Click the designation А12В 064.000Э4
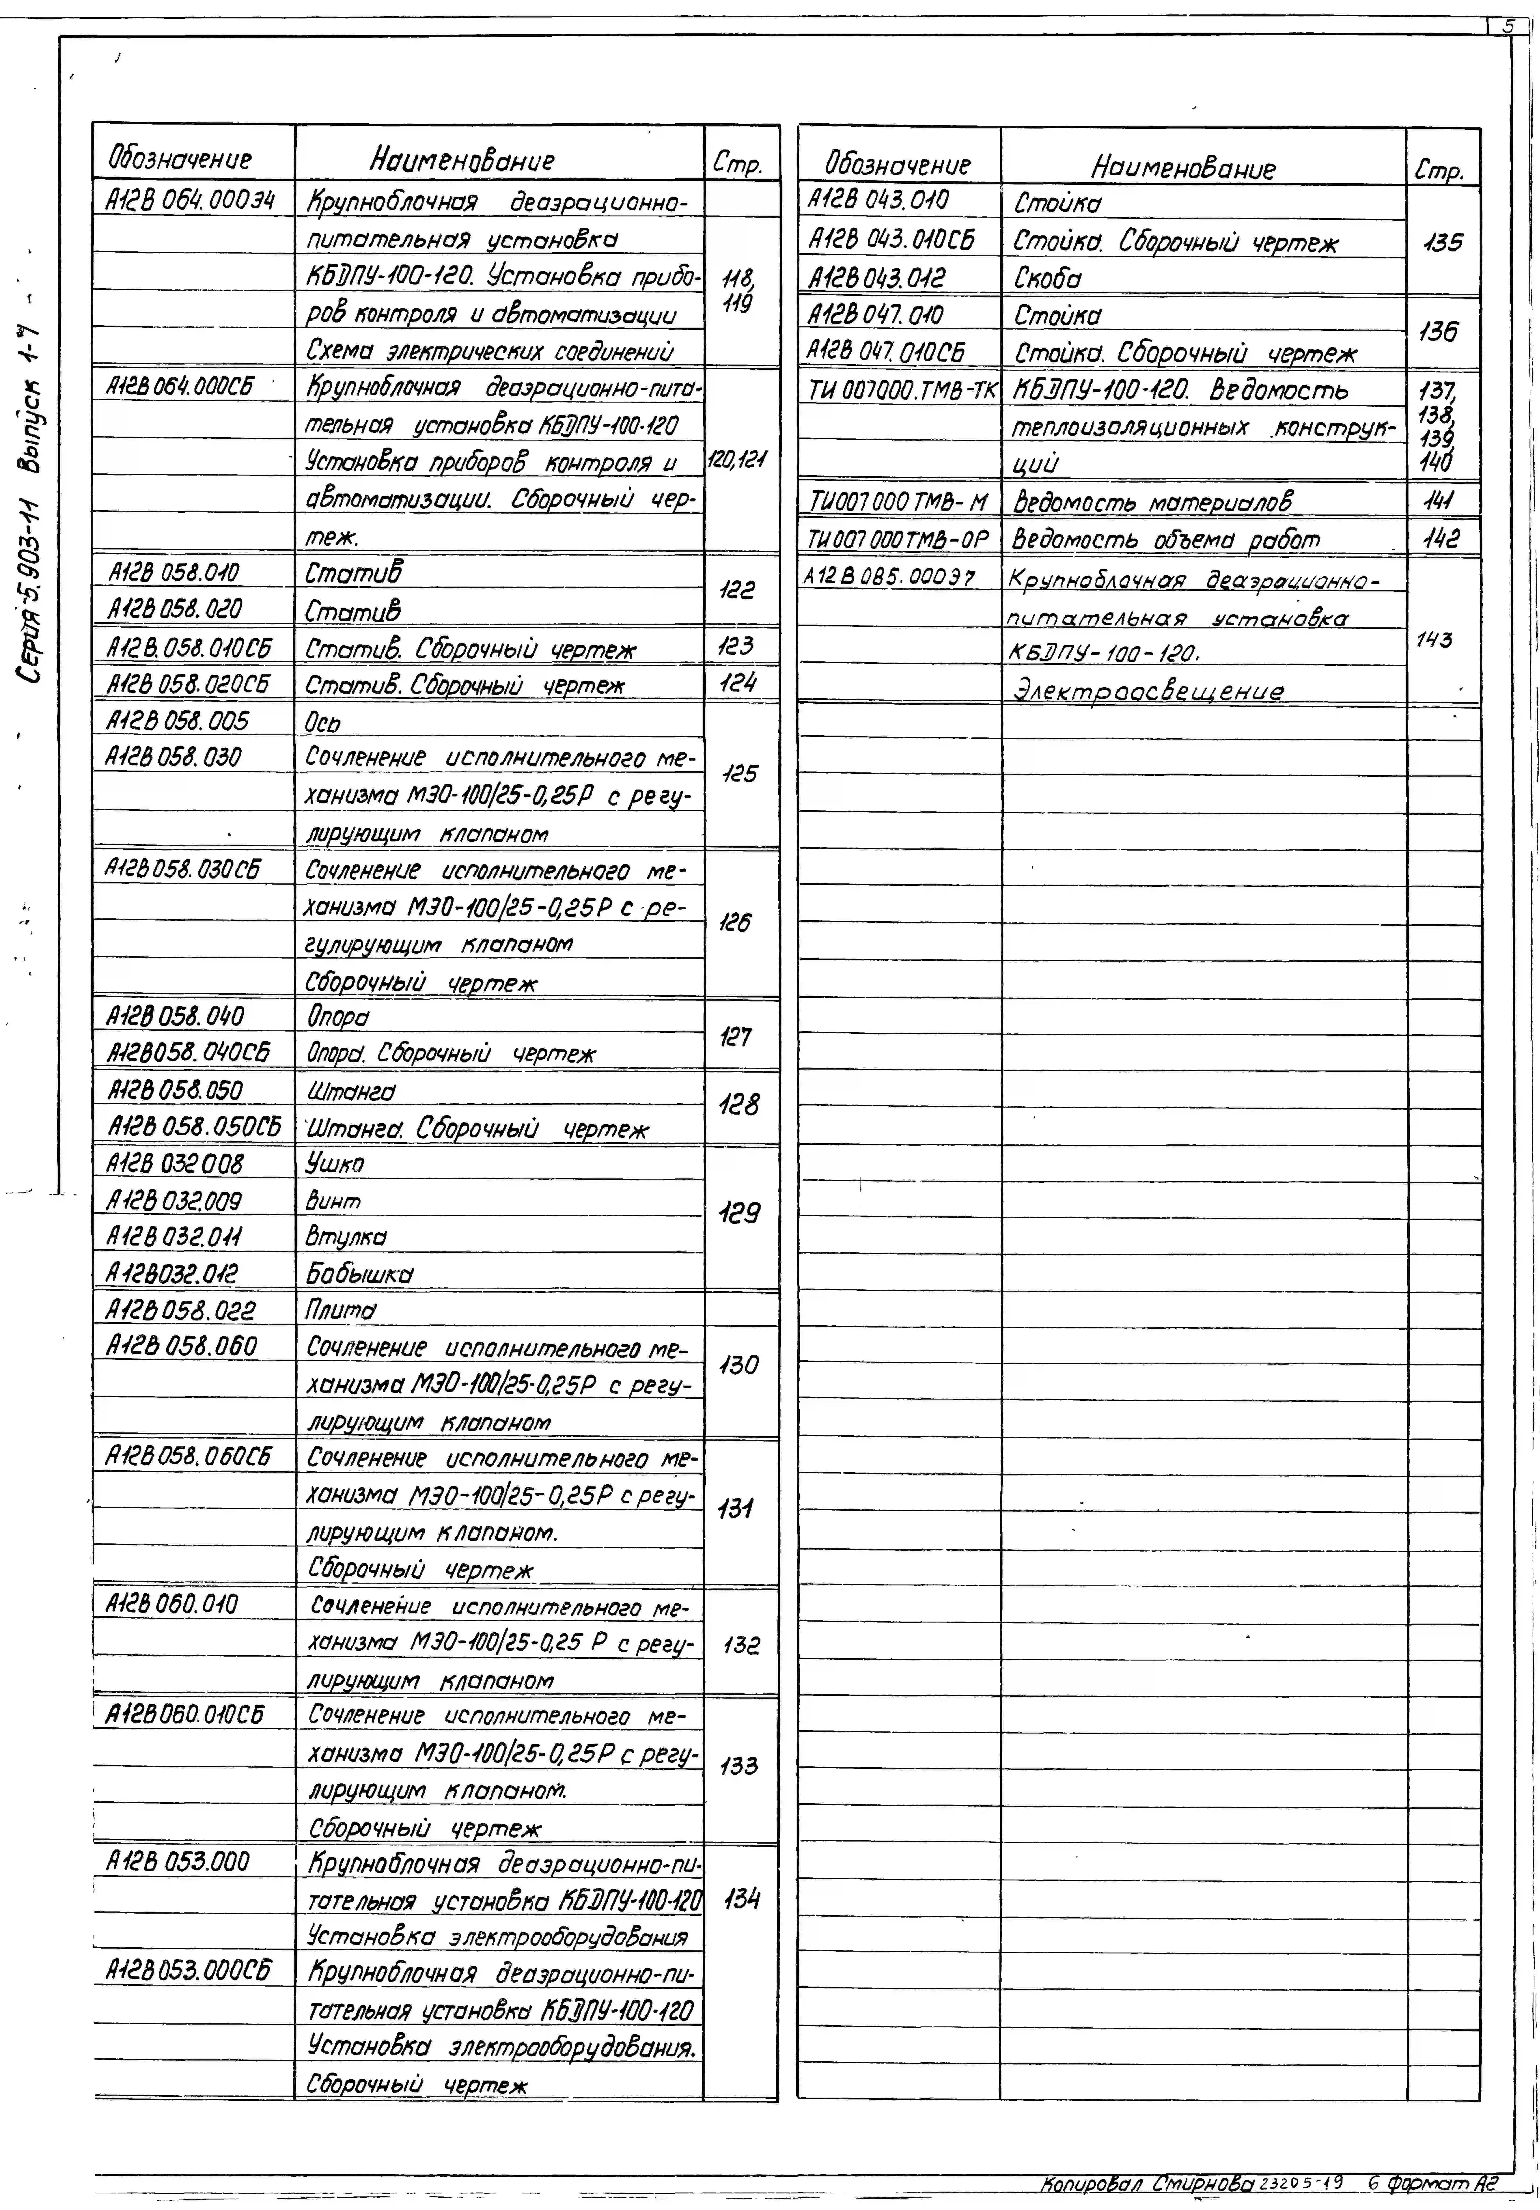tap(191, 200)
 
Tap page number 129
tap(739, 1215)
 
